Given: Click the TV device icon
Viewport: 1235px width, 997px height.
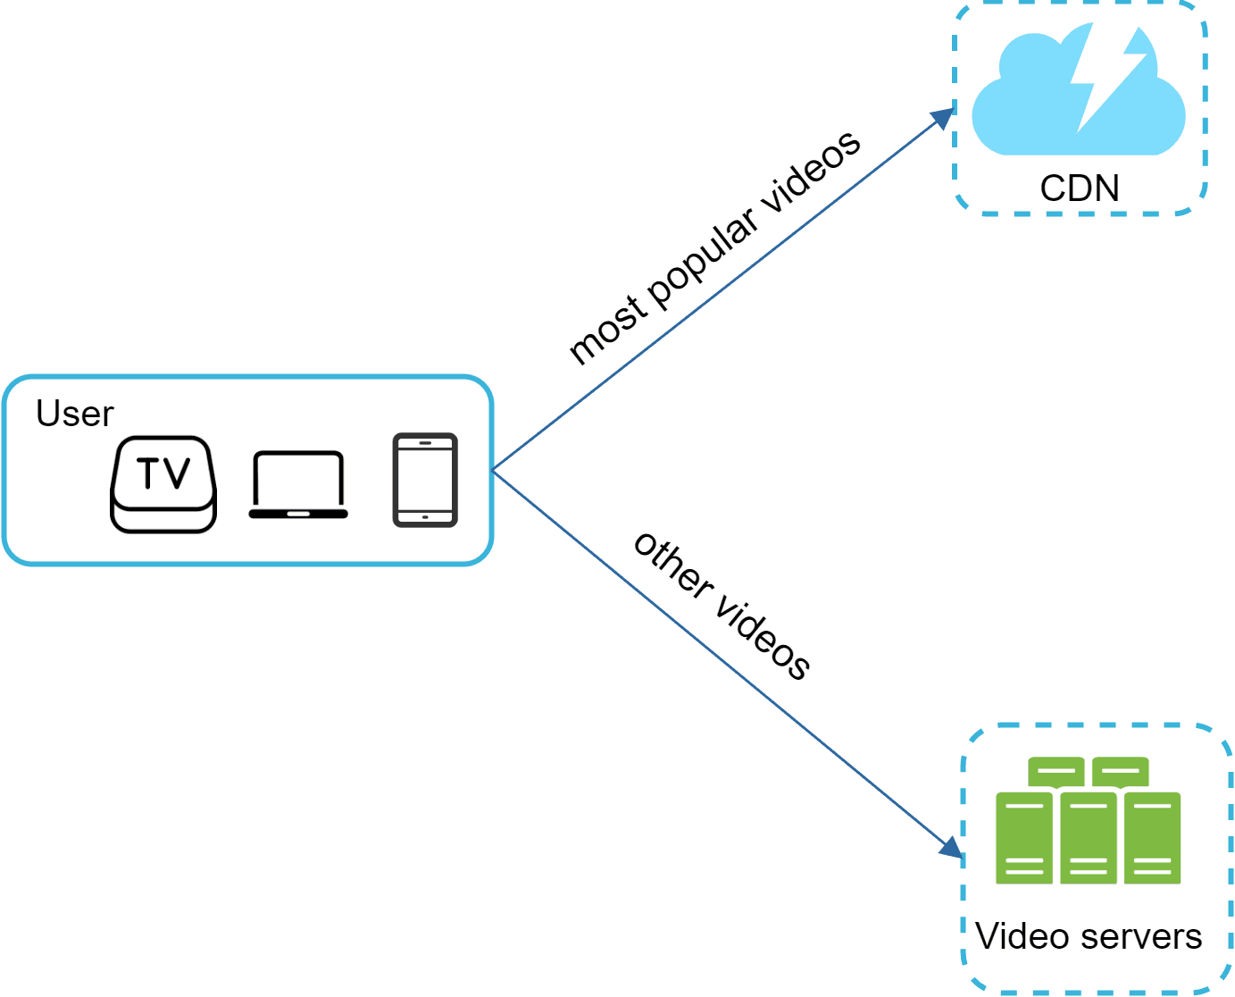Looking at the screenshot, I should (x=163, y=484).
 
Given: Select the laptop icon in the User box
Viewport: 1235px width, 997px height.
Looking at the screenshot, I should (x=298, y=485).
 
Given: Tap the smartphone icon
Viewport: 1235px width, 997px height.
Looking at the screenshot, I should (x=425, y=480).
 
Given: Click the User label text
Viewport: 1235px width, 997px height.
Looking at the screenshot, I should (x=75, y=414).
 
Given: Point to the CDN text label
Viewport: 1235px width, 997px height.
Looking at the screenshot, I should (x=1080, y=189).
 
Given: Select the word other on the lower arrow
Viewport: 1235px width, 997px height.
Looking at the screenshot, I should (x=672, y=564).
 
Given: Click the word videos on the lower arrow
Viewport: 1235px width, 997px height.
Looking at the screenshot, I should (x=764, y=640).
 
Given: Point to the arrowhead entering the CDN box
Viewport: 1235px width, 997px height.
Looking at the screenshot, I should (x=944, y=117).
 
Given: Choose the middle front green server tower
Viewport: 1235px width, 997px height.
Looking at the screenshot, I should (x=1089, y=838).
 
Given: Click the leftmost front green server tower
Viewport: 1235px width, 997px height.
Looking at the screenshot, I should (x=1024, y=838).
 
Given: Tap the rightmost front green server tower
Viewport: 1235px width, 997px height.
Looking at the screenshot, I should (x=1153, y=838).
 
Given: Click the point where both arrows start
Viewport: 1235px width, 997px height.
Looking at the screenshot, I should (x=493, y=470).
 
